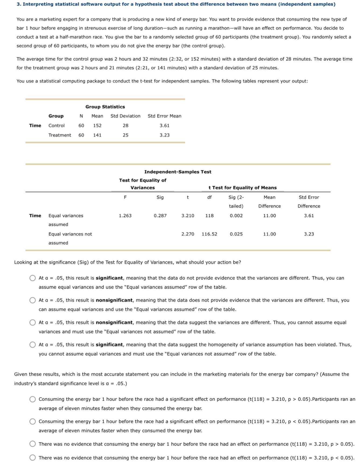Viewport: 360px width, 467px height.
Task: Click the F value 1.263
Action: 125,216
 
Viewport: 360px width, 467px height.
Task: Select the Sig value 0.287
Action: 160,216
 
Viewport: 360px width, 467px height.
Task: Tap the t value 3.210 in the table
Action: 188,216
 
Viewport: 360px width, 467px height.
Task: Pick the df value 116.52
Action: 209,234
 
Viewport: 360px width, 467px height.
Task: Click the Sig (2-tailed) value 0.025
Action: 236,234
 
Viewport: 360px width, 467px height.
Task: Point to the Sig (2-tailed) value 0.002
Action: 236,216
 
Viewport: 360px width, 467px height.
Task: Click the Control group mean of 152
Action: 97,126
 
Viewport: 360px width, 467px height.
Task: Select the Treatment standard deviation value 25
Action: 125,135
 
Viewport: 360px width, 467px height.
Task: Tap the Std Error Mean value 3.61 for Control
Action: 165,126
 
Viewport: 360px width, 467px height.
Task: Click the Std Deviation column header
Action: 125,116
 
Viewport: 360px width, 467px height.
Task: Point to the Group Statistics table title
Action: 105,107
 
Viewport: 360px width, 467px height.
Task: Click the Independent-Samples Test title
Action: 178,172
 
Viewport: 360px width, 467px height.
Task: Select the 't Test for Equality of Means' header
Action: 243,188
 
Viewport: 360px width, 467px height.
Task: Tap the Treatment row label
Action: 60,135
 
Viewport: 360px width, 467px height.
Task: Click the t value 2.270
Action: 188,234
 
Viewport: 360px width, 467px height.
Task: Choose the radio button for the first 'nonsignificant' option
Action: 33,300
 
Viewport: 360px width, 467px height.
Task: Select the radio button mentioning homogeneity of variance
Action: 33,345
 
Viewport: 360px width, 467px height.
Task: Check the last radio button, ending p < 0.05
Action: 33,458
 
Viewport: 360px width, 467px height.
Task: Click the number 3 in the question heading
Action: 18,4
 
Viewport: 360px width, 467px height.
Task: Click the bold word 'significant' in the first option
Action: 109,278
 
